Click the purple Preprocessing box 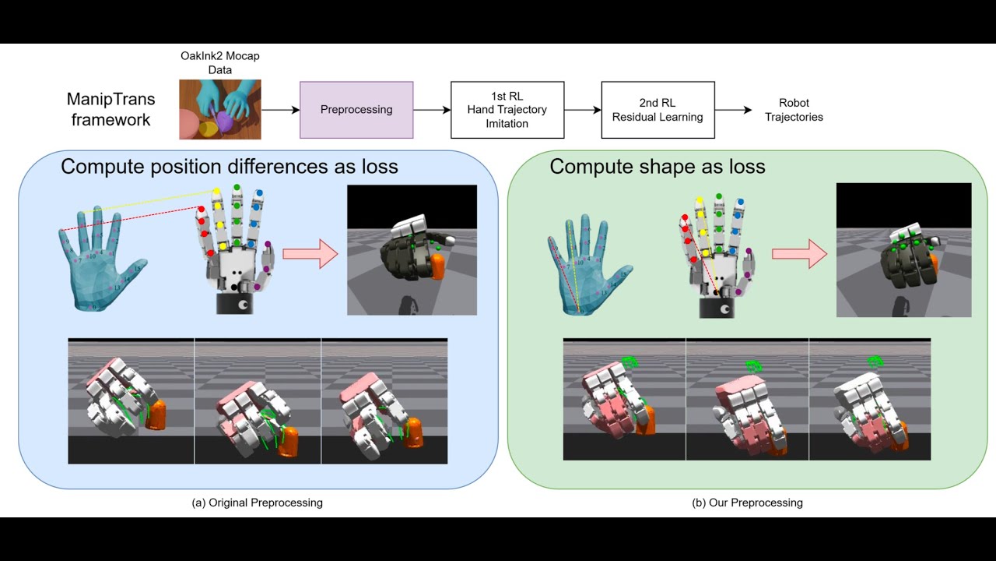[x=356, y=110]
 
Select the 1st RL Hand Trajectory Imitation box [x=507, y=110]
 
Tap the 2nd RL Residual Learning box [x=658, y=110]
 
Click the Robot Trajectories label [x=793, y=110]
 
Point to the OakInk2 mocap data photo [x=219, y=110]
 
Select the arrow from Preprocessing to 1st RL [x=432, y=110]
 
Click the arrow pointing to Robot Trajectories [x=733, y=110]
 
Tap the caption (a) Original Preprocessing [x=257, y=503]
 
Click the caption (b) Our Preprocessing [x=747, y=503]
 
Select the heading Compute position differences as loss [x=230, y=167]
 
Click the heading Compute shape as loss [x=658, y=167]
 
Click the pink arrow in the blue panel [x=310, y=254]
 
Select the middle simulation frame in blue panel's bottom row [x=258, y=400]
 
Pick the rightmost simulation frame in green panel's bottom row [x=870, y=399]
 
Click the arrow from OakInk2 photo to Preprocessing [x=280, y=110]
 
